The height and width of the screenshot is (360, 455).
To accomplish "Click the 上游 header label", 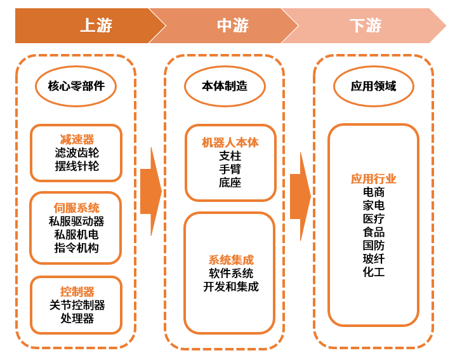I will [96, 25].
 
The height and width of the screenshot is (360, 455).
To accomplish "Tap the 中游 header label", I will [233, 25].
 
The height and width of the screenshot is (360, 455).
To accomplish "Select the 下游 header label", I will [366, 25].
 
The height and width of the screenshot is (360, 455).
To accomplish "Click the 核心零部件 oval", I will [76, 86].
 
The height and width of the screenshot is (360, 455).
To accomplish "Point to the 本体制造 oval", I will [225, 86].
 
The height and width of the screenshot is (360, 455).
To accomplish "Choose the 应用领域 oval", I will [373, 86].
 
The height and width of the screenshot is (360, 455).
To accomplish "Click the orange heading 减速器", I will [77, 139].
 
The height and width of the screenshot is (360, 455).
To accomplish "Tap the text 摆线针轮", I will [77, 166].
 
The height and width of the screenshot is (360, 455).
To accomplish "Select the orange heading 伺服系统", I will [77, 208].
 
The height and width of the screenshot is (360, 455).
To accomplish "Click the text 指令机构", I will [77, 248].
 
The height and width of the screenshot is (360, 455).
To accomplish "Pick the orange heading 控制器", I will [77, 291].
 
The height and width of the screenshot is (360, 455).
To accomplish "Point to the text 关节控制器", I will [77, 305].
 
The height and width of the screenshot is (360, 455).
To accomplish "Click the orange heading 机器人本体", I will [230, 142].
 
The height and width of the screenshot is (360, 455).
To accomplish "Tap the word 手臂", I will [230, 169].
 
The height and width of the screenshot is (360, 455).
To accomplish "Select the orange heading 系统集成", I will [230, 260].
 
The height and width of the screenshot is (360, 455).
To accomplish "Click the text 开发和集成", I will [230, 286].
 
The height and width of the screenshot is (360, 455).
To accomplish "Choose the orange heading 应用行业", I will [374, 178].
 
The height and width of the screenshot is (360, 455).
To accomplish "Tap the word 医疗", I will [374, 218].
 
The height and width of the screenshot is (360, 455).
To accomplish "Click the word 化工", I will [374, 272].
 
